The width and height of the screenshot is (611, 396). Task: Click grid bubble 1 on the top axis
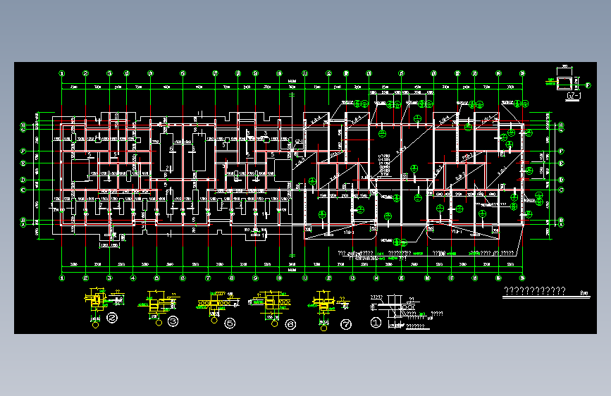[x=62, y=73]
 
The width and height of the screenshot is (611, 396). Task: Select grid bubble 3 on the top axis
[x=110, y=73]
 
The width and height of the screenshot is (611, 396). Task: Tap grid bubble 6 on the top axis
[x=182, y=73]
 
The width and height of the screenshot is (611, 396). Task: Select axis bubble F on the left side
[x=23, y=151]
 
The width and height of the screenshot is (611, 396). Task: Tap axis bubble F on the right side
[x=562, y=151]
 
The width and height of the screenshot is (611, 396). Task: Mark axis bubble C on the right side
[x=562, y=190]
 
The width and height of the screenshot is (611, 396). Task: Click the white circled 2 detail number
[x=113, y=318]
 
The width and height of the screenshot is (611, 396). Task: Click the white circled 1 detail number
[x=376, y=323]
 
